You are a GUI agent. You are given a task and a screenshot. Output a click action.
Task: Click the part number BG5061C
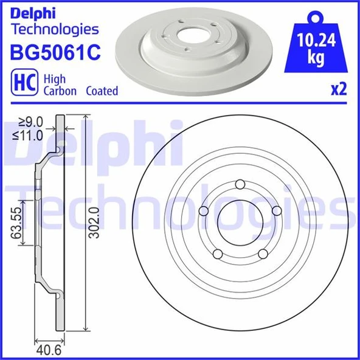click(55, 53)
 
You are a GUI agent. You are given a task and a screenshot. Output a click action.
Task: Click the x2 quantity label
click(338, 90)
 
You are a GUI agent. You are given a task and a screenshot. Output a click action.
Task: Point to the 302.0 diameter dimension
click(92, 223)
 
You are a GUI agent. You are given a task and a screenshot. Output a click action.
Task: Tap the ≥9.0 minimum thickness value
click(30, 121)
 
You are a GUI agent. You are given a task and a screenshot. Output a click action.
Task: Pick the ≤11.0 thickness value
click(30, 136)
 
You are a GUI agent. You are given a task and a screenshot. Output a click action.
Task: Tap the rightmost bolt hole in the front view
click(277, 210)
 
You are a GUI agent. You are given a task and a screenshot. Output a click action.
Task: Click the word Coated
click(102, 91)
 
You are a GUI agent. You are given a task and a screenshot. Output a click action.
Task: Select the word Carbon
click(60, 91)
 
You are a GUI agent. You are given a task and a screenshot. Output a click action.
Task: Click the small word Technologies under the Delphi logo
click(55, 29)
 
